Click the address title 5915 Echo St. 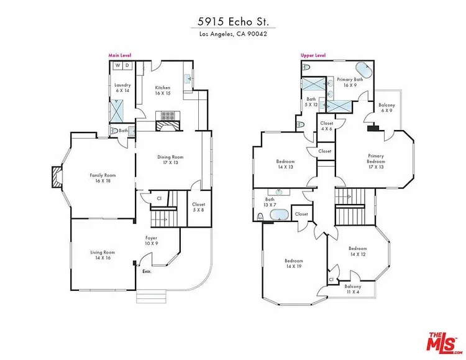(x=233, y=22)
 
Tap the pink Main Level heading (x=120, y=55)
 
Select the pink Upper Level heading (x=313, y=55)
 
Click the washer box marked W (x=118, y=65)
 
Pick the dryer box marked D (x=127, y=65)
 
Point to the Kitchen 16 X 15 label (x=163, y=90)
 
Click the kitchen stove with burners (x=168, y=116)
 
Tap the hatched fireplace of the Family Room (x=57, y=177)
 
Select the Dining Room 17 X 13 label (x=170, y=160)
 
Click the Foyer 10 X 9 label (x=151, y=241)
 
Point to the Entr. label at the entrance (x=147, y=272)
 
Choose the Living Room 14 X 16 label (x=103, y=255)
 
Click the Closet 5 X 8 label (x=199, y=207)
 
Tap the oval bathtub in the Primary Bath (x=363, y=70)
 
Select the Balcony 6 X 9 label (x=386, y=108)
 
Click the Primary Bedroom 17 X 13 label (x=376, y=161)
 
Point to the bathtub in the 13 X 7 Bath (x=279, y=215)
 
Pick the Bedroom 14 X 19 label (x=294, y=264)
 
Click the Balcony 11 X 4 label (x=353, y=289)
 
